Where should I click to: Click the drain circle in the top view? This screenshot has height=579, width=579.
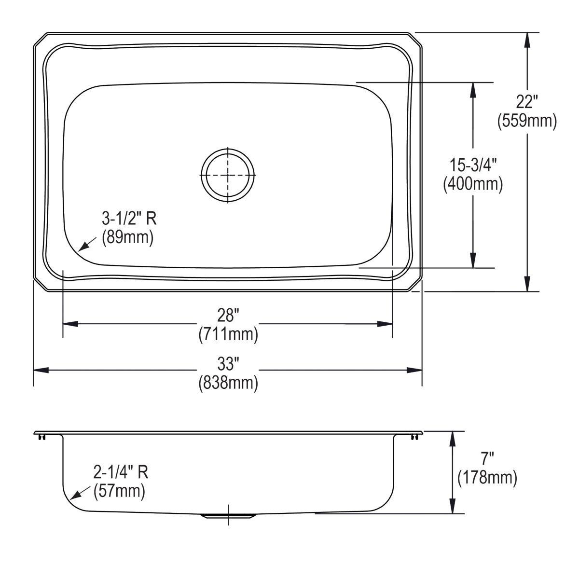click(228, 175)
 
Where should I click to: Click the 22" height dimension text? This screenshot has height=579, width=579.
click(527, 102)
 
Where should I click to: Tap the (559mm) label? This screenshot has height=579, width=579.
click(527, 121)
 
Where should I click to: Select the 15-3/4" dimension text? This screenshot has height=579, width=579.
click(473, 165)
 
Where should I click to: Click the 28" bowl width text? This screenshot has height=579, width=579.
click(228, 316)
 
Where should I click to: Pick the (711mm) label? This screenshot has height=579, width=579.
click(228, 334)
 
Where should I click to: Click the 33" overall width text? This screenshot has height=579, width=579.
click(228, 363)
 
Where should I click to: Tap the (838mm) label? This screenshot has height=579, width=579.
click(228, 382)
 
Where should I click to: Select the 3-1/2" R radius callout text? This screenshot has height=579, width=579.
click(129, 220)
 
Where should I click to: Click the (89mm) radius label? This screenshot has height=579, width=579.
click(127, 237)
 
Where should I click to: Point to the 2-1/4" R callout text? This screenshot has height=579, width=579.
click(121, 472)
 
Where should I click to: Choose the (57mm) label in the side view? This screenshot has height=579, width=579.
click(119, 491)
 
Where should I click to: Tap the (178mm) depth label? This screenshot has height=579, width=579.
click(487, 478)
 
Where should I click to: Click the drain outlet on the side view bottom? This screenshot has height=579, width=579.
click(228, 516)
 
